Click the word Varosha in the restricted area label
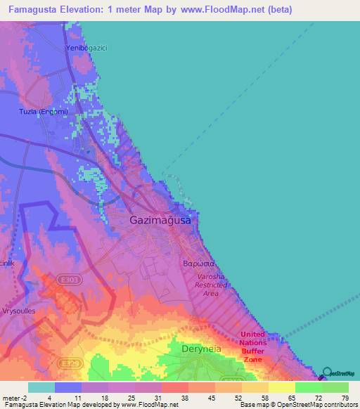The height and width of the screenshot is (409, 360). (212, 277)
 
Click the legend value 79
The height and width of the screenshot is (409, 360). (344, 398)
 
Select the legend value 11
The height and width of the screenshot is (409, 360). (86, 398)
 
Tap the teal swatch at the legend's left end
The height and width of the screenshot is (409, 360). (41, 387)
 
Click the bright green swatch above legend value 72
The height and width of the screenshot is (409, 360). (308, 387)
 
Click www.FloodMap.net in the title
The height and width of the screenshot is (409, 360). (217, 10)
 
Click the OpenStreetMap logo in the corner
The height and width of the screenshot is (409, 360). (340, 375)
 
